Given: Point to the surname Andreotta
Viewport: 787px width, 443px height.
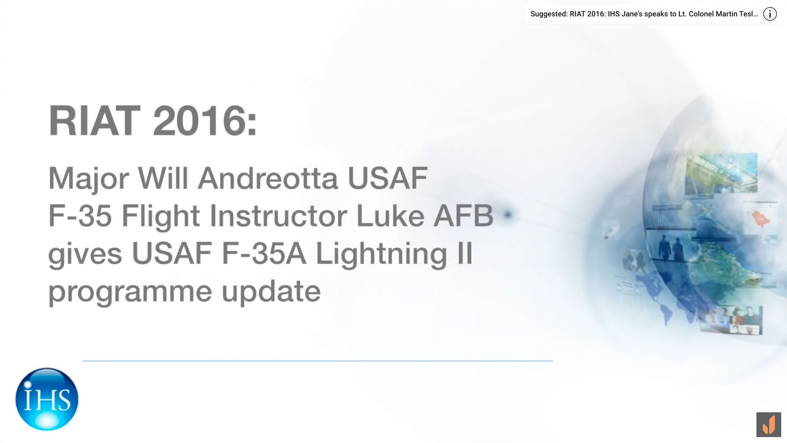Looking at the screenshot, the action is coord(269,178).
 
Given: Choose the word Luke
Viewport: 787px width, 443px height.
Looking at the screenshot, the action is coord(390,216).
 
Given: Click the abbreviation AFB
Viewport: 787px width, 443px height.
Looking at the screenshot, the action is coord(463,216).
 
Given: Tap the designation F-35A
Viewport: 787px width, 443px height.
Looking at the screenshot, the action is coord(264,254).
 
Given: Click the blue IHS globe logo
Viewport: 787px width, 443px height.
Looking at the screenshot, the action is coord(47,399).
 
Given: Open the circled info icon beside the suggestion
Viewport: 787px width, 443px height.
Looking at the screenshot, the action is coord(770,14).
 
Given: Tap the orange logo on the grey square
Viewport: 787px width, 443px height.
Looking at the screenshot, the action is coord(769,425).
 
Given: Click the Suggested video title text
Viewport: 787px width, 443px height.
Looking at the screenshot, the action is coord(644,14).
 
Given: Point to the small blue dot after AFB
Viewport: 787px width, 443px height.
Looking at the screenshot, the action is coord(508,215).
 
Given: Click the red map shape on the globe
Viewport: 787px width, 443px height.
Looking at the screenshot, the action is coord(760,218).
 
